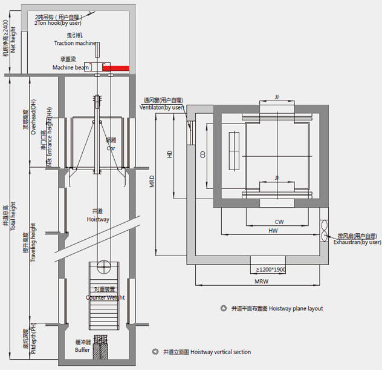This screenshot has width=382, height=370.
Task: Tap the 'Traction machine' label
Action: pyautogui.click(x=75, y=44)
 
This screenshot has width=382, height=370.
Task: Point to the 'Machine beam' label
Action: pyautogui.click(x=70, y=67)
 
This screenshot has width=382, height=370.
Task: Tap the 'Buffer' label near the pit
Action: pyautogui.click(x=82, y=350)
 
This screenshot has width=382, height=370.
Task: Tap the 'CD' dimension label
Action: pyautogui.click(x=202, y=154)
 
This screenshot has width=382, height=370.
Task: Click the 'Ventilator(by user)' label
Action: pyautogui.click(x=161, y=107)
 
